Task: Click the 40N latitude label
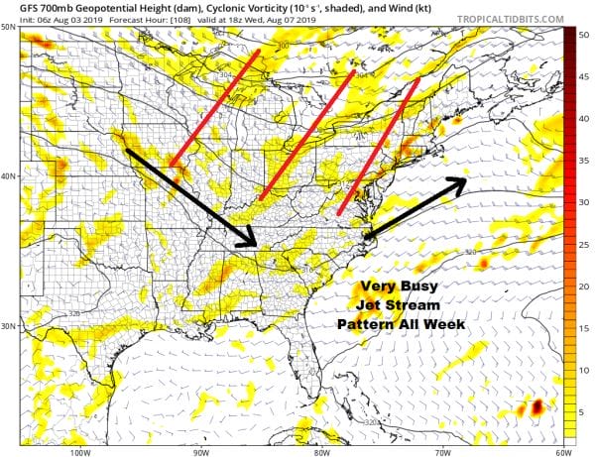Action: (9, 176)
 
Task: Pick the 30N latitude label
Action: (9, 326)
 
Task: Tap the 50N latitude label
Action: (9, 27)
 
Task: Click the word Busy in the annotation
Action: (430, 287)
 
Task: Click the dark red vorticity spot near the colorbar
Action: (537, 406)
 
